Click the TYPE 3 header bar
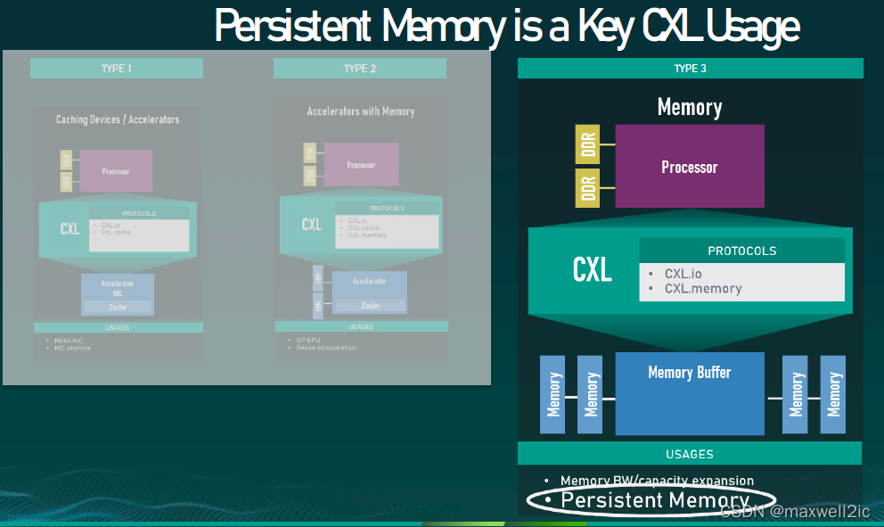690,69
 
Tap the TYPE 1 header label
117,69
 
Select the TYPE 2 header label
360,69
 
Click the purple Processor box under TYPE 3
689,167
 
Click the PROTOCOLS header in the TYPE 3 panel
741,251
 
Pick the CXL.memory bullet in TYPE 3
702,288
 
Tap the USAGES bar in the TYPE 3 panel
690,453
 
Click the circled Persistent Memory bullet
655,500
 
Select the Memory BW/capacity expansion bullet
657,481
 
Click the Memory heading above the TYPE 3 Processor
689,108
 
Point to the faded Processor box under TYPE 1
116,171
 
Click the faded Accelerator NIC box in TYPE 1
118,286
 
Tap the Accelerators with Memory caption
361,111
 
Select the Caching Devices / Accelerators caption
118,119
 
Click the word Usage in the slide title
753,26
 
